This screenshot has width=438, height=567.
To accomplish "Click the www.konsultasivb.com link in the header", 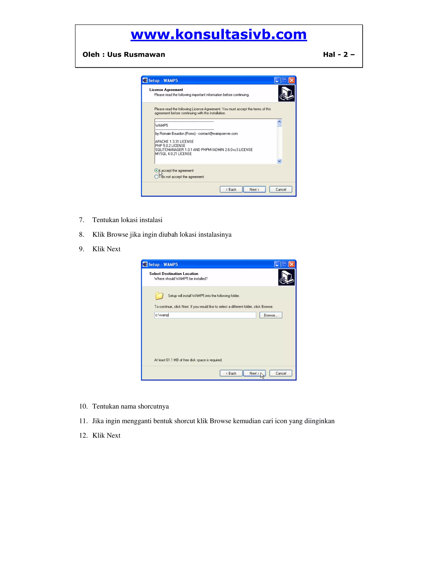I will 219,34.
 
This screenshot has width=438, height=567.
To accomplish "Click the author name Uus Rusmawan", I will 136,55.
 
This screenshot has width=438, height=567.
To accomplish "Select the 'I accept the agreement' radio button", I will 156,171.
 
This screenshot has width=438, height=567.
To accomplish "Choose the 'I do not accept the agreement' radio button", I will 156,177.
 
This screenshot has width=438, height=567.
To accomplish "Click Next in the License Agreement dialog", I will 254,190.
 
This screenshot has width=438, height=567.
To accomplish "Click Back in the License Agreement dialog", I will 231,190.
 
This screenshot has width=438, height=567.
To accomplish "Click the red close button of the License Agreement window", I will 292,80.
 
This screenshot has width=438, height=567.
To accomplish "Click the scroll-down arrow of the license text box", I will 279,161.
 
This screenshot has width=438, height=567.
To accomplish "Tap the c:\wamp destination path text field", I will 205,315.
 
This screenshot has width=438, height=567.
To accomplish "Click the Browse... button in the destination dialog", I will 271,315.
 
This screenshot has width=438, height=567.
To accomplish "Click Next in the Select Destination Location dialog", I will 254,373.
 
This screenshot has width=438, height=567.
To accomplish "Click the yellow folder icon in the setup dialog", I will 159,296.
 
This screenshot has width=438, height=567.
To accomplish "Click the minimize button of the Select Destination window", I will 277,264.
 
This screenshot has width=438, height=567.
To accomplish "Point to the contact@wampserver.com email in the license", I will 218,134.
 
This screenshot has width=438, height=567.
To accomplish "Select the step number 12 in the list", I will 83,435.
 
